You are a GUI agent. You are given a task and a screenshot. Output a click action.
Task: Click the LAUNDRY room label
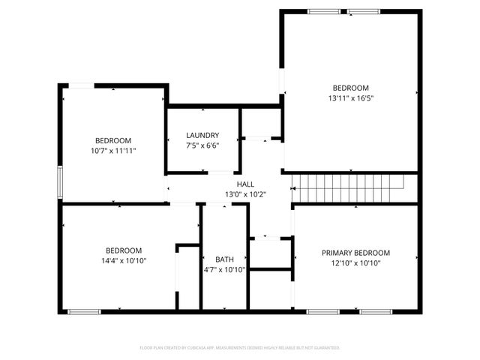click(202, 135)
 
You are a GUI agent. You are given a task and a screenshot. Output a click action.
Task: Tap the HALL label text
click(245, 184)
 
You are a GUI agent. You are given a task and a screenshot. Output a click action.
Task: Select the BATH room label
click(224, 259)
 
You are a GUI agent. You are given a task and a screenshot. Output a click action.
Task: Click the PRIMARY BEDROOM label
click(355, 253)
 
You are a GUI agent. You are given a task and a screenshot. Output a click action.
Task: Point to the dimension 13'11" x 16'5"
click(350, 97)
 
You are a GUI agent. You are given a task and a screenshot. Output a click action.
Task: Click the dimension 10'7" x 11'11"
click(113, 151)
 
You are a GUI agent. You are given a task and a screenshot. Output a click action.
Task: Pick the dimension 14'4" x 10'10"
click(124, 260)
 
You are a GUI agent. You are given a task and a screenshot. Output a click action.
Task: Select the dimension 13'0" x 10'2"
click(245, 194)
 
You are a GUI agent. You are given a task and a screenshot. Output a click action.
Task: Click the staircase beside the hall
click(347, 182)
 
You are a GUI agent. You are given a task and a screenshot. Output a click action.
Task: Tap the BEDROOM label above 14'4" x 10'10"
click(124, 250)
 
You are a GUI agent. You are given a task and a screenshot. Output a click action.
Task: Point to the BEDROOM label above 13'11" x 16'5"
click(350, 87)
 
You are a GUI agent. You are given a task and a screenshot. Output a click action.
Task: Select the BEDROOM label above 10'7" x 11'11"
click(113, 140)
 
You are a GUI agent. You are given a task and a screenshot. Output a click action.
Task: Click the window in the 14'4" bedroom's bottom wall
click(83, 311)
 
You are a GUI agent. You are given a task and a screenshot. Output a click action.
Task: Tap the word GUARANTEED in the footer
click(325, 348)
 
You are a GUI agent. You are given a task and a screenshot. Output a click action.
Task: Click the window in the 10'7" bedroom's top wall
click(82, 85)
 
